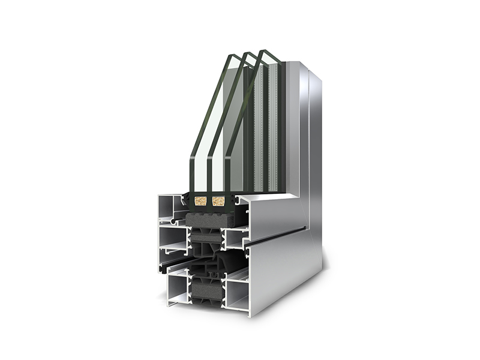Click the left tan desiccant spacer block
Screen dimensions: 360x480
[x=200, y=201]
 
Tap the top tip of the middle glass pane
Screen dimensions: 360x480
[x=247, y=53]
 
